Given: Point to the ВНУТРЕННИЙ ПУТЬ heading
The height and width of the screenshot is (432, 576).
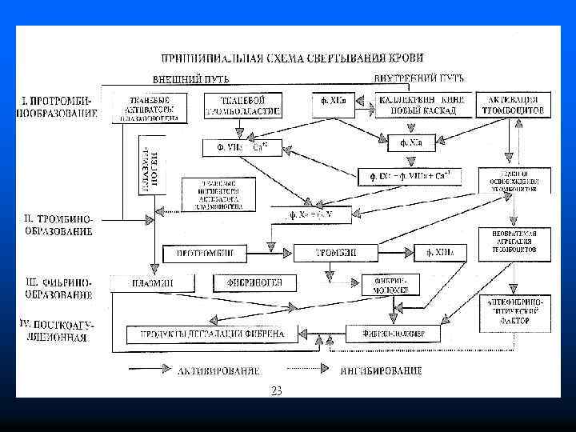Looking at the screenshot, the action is (418, 78).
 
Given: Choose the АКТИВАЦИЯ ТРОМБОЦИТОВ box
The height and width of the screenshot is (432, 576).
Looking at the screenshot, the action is (513, 105).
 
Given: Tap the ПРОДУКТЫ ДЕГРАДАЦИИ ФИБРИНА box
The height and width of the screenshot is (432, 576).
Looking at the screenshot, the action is (212, 333).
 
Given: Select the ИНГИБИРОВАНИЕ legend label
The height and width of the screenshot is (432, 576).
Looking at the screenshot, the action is (381, 371).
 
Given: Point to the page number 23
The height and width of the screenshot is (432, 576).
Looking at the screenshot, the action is (277, 390).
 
